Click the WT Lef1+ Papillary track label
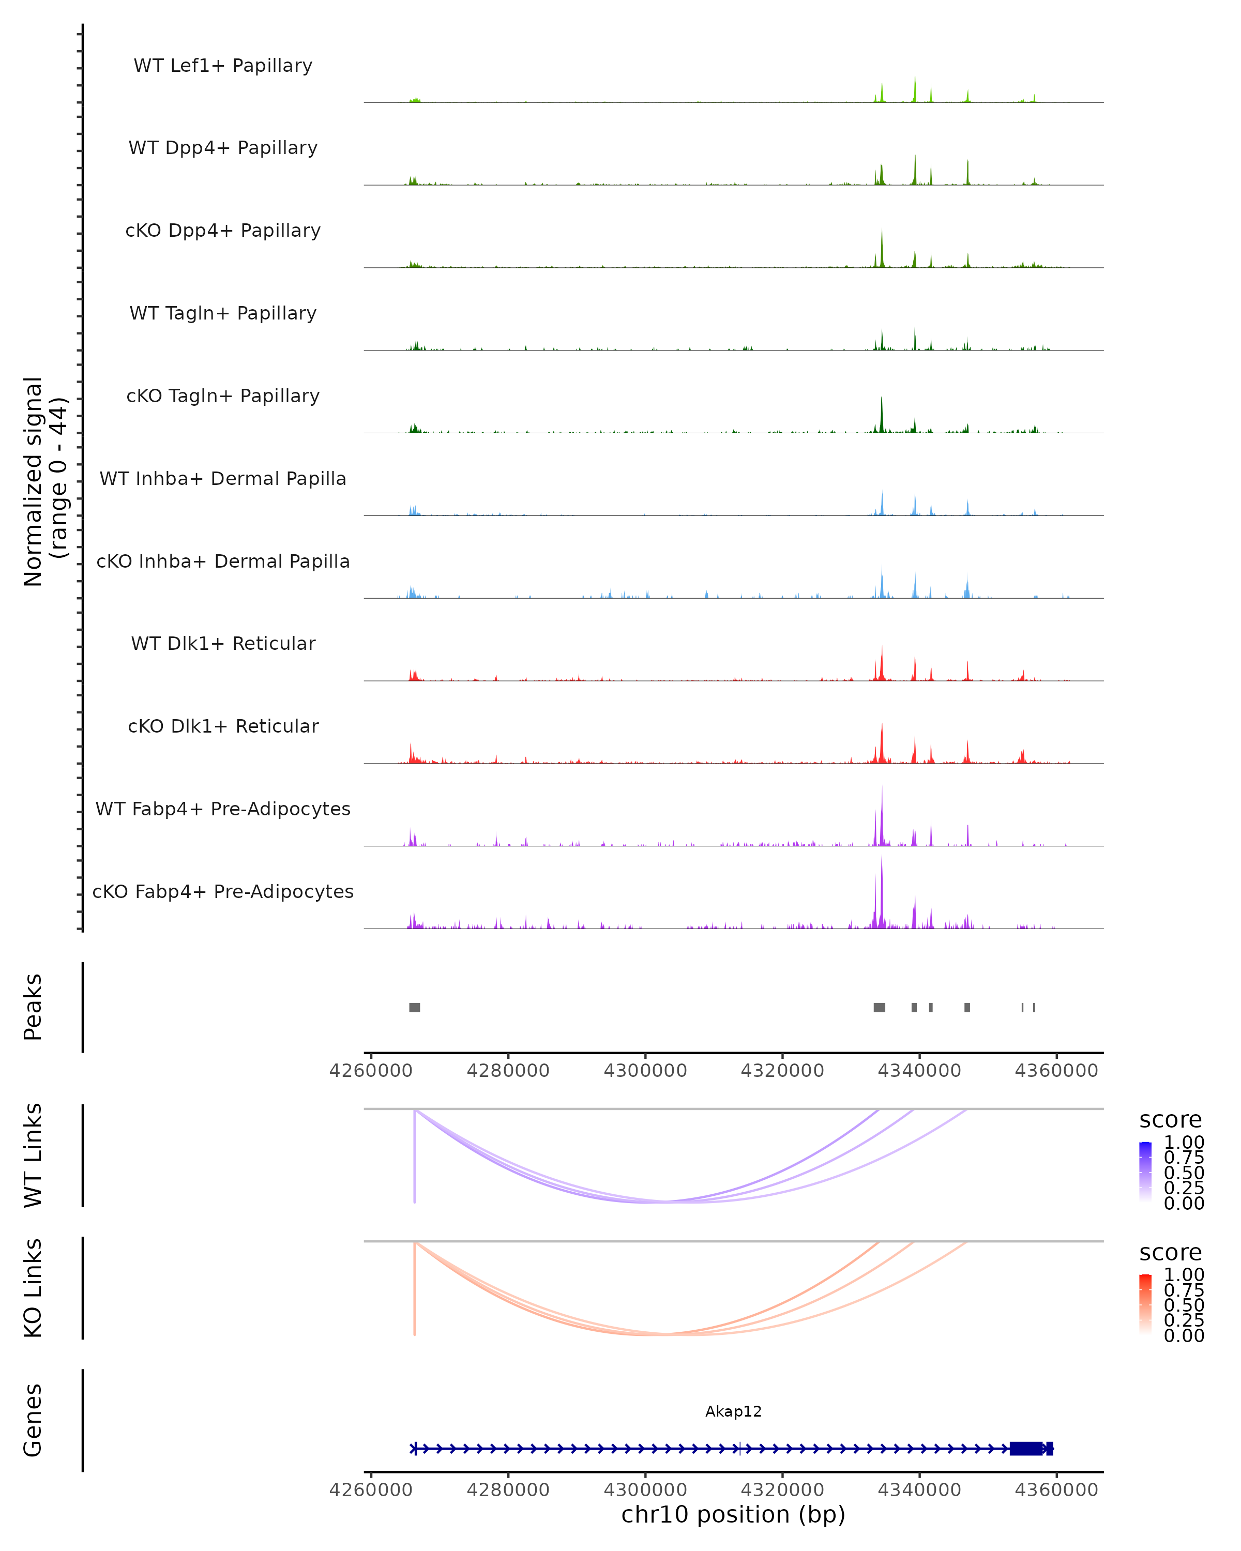tap(223, 66)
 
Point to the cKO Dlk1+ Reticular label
tap(223, 726)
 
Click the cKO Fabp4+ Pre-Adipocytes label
tap(223, 891)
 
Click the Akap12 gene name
tap(733, 1411)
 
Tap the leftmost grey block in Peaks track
tap(414, 1007)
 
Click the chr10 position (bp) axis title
tap(733, 1514)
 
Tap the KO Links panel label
tap(33, 1288)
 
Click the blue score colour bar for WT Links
tap(1145, 1171)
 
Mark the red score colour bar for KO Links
tap(1145, 1303)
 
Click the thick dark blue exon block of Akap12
tap(1026, 1448)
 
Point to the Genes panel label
tap(33, 1421)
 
